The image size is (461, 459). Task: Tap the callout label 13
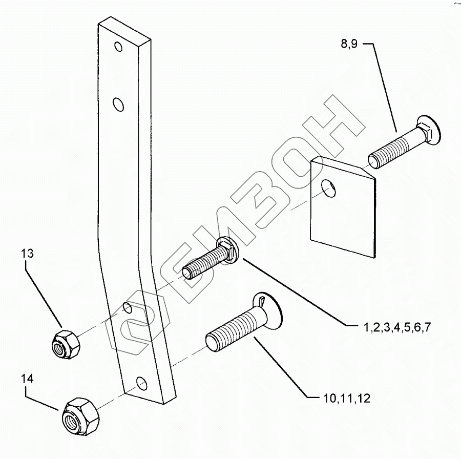tap(29, 253)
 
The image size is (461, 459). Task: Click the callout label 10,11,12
tap(347, 399)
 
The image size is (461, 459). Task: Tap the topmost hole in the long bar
tap(119, 48)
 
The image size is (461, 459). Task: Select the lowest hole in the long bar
tap(141, 383)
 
